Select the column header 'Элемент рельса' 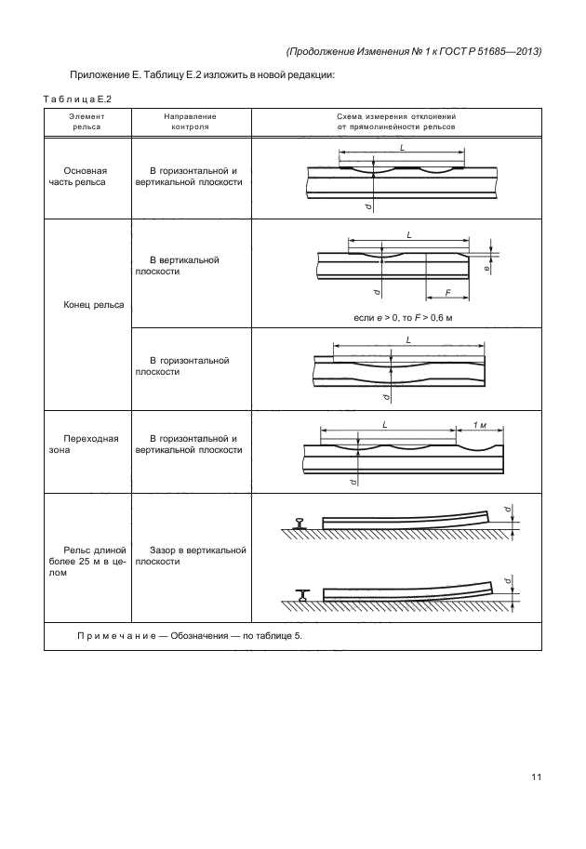pos(87,122)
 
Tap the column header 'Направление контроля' pos(190,122)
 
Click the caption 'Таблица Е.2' pos(78,99)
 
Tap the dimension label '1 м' pos(480,424)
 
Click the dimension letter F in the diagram pos(447,292)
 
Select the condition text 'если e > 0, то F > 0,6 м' pos(400,318)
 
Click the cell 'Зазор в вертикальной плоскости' pos(190,556)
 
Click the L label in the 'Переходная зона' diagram pos(384,424)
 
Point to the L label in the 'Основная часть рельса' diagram pos(401,147)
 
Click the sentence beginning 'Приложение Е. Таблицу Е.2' pos(201,74)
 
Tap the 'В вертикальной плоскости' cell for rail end pos(177,266)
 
